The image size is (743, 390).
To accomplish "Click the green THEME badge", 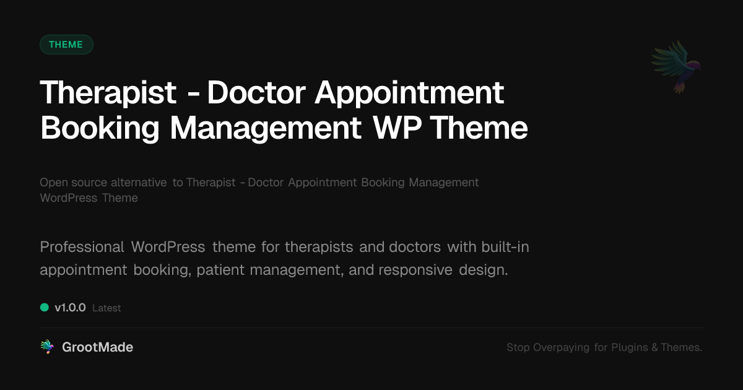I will (66, 45).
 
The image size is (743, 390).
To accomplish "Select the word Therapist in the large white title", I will (108, 93).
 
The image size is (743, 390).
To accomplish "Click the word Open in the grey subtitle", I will (53, 183).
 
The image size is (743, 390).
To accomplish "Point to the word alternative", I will (139, 183).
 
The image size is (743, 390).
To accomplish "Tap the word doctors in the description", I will (415, 247).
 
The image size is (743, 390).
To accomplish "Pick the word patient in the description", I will (221, 271).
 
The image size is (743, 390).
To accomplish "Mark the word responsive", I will (415, 271).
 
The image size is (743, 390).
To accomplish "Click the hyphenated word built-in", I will (505, 247).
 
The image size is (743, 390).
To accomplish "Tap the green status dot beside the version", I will (45, 307).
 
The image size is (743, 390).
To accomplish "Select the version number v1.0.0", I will (70, 308).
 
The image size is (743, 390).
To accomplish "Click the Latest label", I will (106, 308).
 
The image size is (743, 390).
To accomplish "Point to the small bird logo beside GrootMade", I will (47, 347).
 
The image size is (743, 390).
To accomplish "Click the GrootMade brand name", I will (97, 347).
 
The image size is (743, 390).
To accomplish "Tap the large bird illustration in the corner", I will (677, 66).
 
